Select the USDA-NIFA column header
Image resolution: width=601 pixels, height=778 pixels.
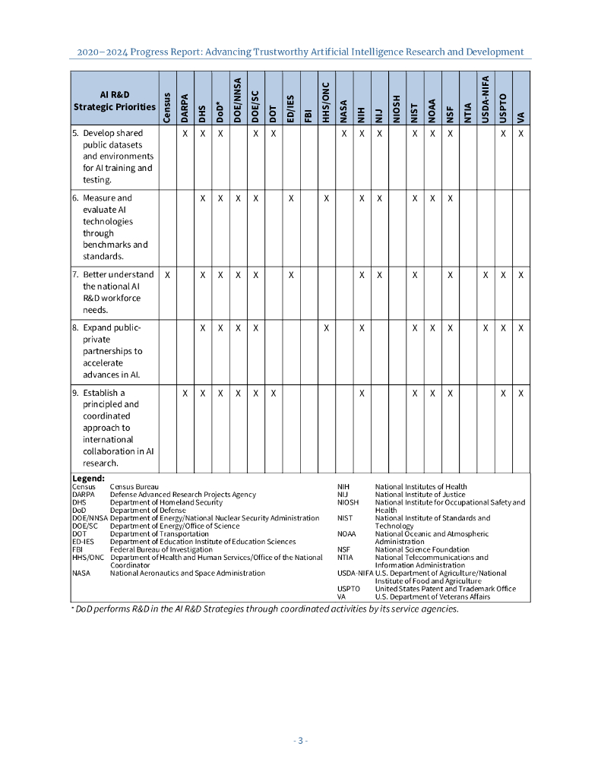pyautogui.click(x=486, y=99)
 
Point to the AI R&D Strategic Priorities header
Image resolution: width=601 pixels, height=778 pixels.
pyautogui.click(x=114, y=100)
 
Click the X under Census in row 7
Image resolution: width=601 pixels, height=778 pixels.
pyautogui.click(x=167, y=274)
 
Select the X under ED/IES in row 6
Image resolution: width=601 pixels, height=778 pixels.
pyautogui.click(x=291, y=198)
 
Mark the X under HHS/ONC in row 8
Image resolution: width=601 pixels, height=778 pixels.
pyautogui.click(x=326, y=328)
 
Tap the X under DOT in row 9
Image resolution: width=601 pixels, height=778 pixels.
pyautogui.click(x=274, y=393)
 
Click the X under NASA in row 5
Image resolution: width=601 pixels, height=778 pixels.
pyautogui.click(x=344, y=134)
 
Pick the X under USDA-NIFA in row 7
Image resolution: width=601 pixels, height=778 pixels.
pyautogui.click(x=486, y=274)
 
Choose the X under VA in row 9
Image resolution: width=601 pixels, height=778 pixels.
pyautogui.click(x=521, y=393)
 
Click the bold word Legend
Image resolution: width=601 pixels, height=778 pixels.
pyautogui.click(x=88, y=478)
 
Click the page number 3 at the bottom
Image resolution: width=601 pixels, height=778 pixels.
pyautogui.click(x=301, y=741)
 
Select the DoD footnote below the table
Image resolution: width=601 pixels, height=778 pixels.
pyautogui.click(x=265, y=609)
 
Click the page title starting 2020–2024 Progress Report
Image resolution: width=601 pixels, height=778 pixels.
pyautogui.click(x=300, y=52)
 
